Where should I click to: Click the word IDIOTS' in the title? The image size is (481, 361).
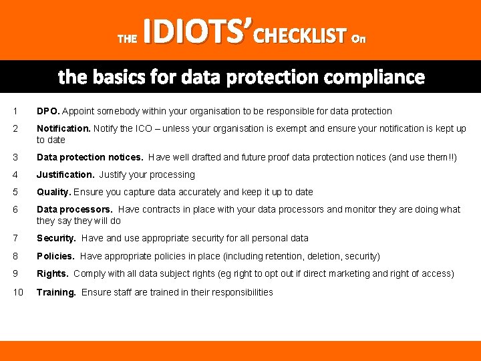click(198, 31)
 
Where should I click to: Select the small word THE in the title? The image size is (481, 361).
click(127, 39)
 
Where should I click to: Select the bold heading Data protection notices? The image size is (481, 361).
click(90, 157)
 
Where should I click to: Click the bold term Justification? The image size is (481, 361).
click(65, 174)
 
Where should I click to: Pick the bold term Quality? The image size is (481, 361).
click(53, 192)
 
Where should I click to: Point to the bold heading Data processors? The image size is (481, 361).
click(75, 209)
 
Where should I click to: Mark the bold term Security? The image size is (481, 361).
click(56, 238)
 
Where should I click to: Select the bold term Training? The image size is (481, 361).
click(56, 292)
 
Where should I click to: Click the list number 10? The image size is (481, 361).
click(18, 292)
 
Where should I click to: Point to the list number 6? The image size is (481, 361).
click(15, 209)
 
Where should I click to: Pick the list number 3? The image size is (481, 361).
click(15, 157)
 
